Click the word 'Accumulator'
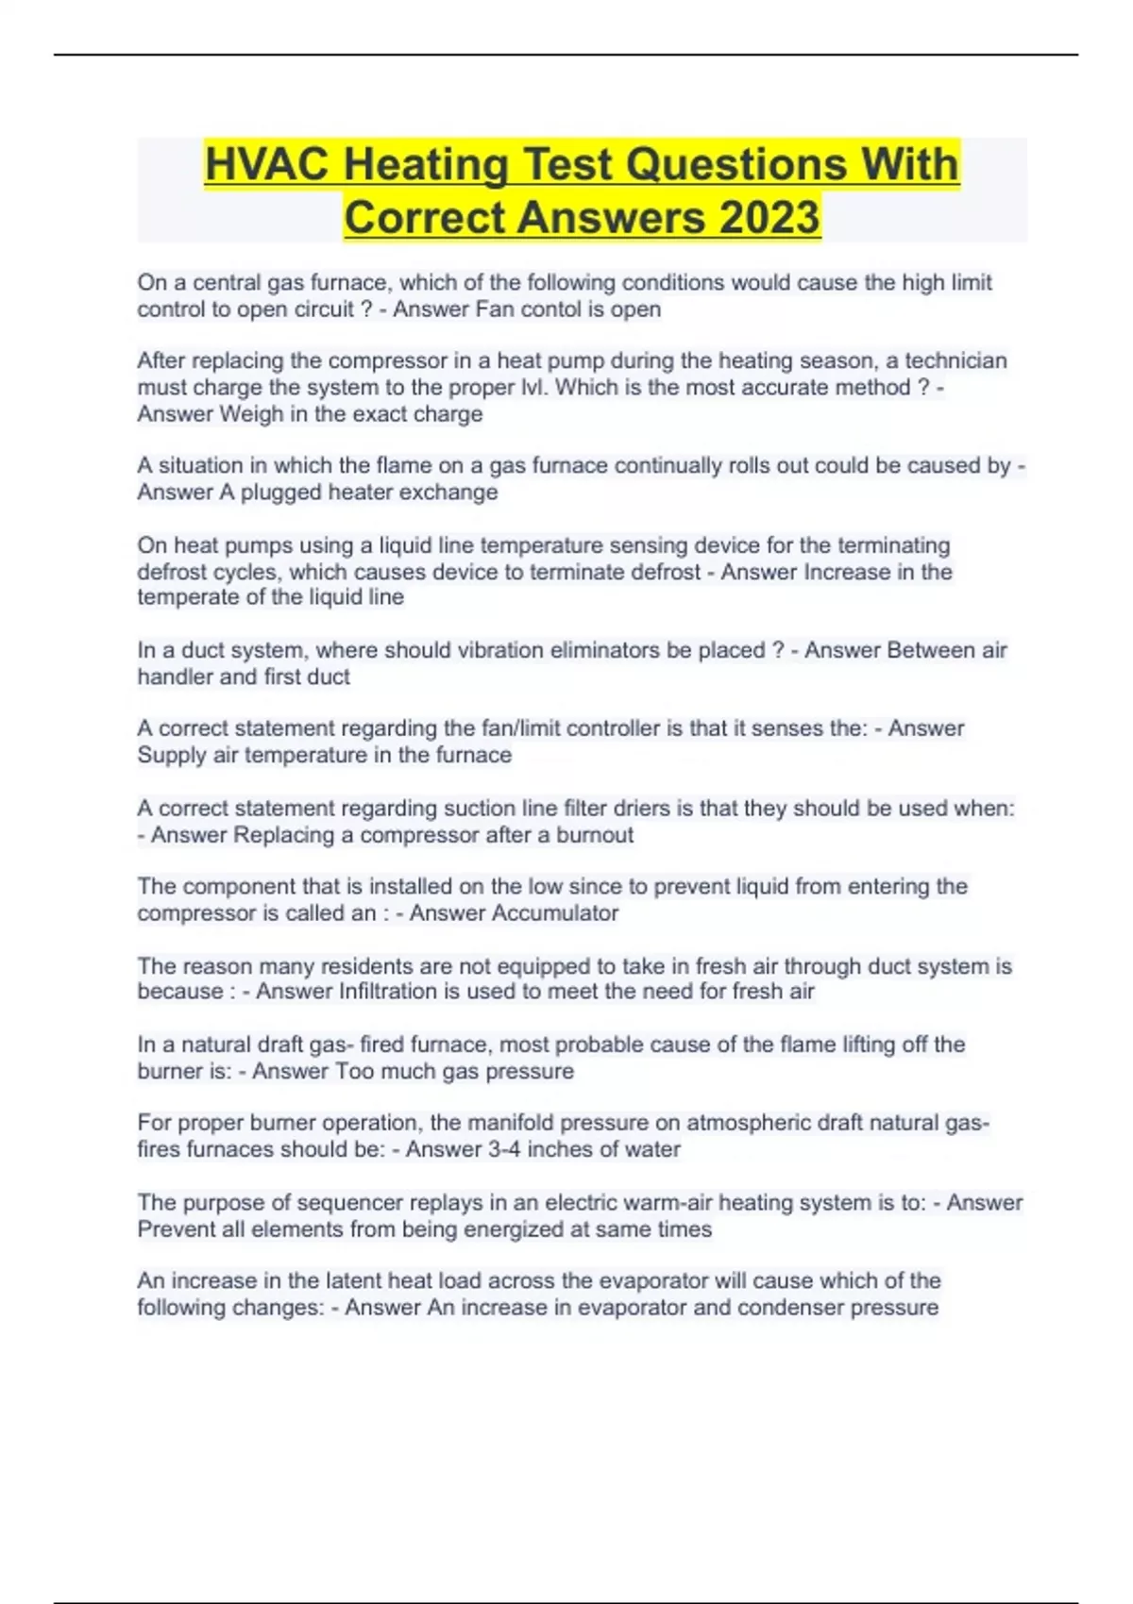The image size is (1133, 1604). pos(560,913)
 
